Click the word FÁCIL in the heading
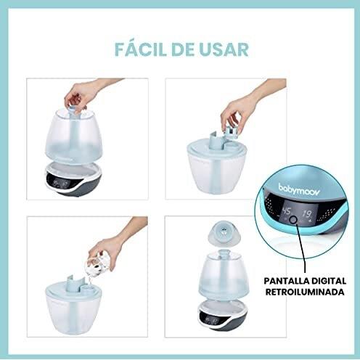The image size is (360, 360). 139,49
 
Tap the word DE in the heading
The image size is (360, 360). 181,49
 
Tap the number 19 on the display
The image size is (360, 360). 308,214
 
